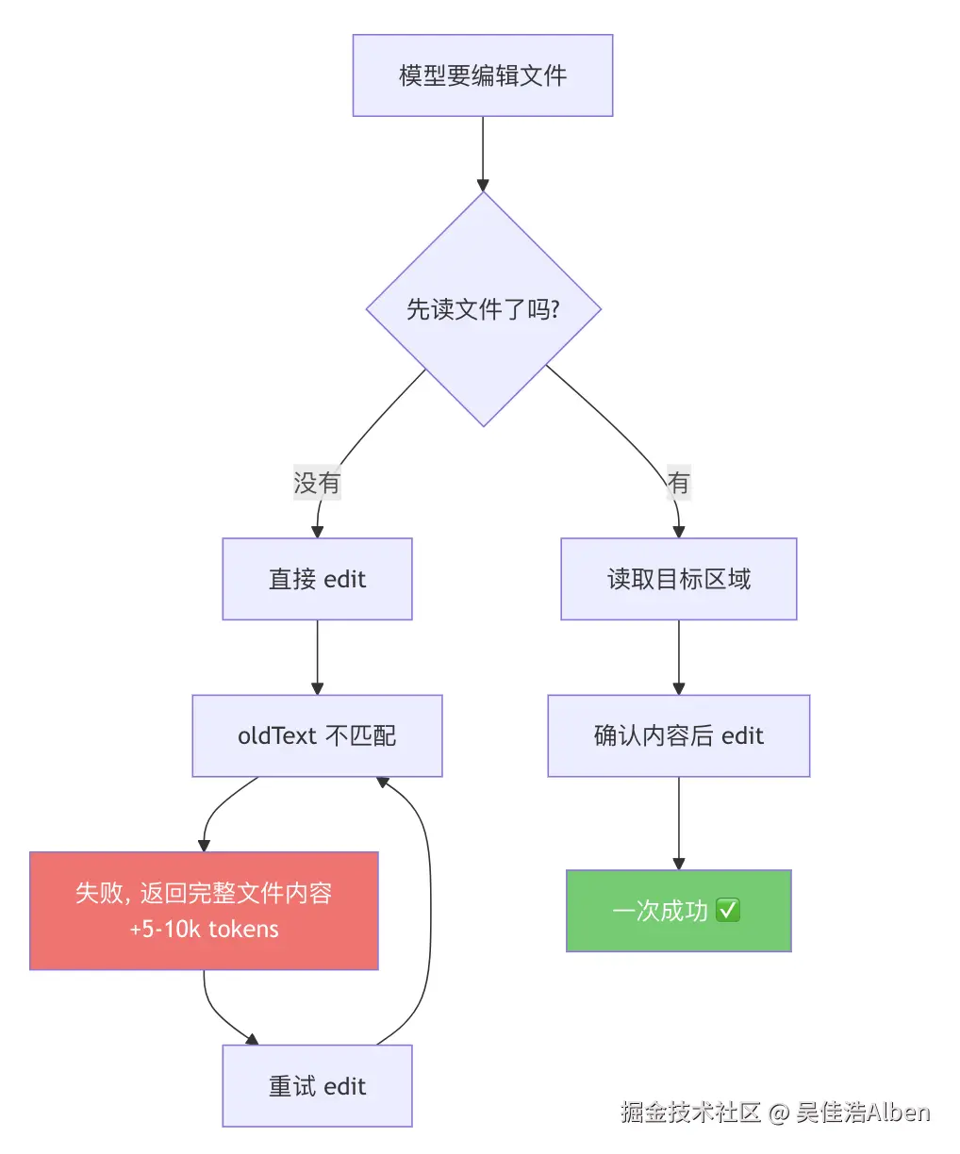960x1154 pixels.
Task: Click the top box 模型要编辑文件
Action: (x=483, y=75)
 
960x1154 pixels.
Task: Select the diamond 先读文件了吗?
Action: (x=484, y=309)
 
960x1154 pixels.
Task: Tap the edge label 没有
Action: (x=317, y=483)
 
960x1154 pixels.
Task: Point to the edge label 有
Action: (x=679, y=483)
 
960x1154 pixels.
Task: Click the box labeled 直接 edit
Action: (x=318, y=579)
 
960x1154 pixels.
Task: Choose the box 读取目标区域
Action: (x=679, y=579)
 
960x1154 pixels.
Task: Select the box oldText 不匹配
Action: (x=318, y=735)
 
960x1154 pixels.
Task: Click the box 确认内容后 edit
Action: (x=679, y=735)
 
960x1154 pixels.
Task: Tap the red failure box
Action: (x=204, y=911)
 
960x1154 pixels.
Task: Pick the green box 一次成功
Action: (x=679, y=911)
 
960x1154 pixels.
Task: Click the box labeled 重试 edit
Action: (x=318, y=1086)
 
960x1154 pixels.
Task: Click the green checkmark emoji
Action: (x=728, y=910)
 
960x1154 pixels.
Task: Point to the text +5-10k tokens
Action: (x=204, y=929)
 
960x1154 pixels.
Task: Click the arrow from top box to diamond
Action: (x=483, y=155)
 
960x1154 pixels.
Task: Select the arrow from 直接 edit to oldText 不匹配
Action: (x=318, y=657)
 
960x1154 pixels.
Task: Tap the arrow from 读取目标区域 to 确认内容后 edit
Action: (x=679, y=657)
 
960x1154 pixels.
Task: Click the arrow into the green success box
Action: (x=679, y=823)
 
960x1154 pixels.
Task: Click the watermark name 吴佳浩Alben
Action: (x=863, y=1112)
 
